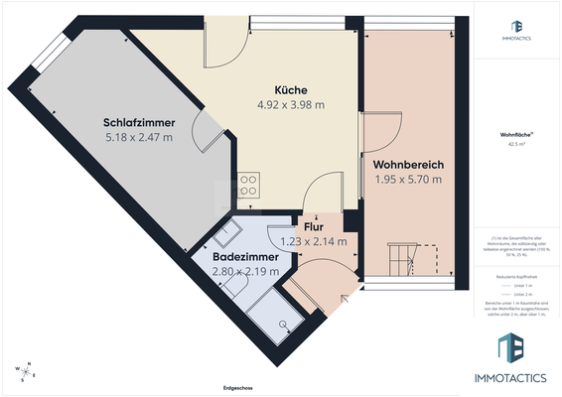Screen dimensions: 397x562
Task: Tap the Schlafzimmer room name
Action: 139,123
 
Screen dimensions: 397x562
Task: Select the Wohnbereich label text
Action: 408,164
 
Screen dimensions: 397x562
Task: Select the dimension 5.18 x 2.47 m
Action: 139,137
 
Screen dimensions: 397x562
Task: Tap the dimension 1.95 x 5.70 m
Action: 408,179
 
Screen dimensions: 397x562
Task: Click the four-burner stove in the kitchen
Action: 248,185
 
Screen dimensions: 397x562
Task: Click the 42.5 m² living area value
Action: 512,145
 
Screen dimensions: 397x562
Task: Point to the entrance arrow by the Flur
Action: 346,297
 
